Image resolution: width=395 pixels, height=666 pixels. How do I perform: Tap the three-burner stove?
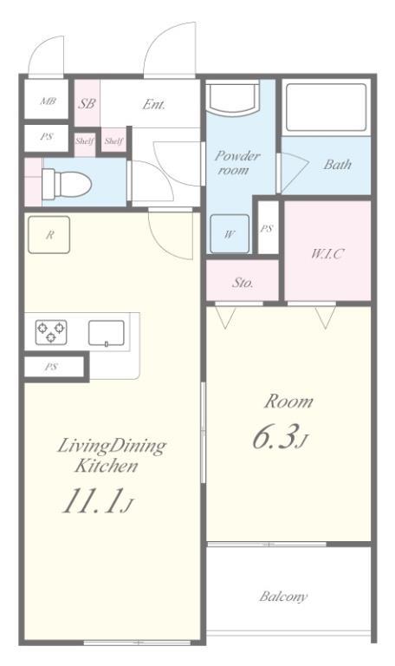coord(51,332)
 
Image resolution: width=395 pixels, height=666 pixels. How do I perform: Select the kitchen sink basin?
coord(106,333)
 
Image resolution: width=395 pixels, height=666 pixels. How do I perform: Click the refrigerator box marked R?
coord(49,235)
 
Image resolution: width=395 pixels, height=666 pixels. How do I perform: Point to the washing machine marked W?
coord(230,233)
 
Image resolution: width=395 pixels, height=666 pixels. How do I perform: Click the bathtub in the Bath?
coord(326,107)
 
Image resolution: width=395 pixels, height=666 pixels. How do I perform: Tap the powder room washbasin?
coord(231,97)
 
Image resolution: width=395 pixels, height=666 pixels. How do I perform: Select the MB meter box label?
coord(48,101)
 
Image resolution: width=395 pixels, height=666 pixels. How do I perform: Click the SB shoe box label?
coord(87,103)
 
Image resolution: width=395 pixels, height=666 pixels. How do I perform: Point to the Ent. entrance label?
coord(153,104)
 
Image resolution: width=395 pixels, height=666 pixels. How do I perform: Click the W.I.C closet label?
coord(327,254)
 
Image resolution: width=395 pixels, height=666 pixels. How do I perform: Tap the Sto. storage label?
coord(243,282)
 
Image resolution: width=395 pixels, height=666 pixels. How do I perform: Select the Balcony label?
coord(283,597)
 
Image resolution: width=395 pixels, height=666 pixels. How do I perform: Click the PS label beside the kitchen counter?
coord(50,367)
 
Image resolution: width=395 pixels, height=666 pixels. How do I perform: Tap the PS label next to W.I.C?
coord(267,229)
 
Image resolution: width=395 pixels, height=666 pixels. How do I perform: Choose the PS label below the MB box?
coord(47,137)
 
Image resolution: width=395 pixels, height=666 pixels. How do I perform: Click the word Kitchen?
coord(106,466)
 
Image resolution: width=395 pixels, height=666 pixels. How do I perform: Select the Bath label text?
coord(337,165)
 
